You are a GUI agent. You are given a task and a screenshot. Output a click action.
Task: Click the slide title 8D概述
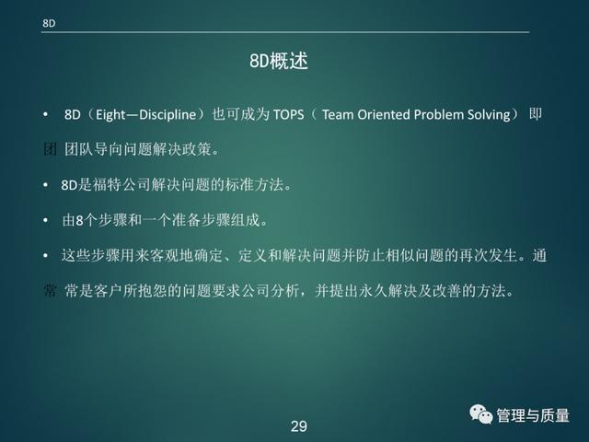click(x=279, y=61)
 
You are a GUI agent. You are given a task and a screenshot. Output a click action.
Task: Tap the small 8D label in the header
click(x=49, y=23)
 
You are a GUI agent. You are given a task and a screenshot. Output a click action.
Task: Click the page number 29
click(x=298, y=426)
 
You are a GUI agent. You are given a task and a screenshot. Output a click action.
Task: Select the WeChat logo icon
click(x=480, y=414)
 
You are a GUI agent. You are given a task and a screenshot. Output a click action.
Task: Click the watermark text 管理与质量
click(x=533, y=415)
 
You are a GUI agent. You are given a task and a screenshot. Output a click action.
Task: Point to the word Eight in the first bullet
click(x=110, y=114)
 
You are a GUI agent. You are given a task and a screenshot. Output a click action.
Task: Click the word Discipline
click(x=167, y=114)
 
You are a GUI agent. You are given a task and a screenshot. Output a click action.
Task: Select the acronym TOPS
click(x=288, y=114)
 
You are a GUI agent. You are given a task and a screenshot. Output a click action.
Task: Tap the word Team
click(x=338, y=114)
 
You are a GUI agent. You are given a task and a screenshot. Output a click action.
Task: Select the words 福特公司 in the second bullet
click(x=121, y=184)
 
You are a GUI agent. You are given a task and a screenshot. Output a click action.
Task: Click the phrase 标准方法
click(x=254, y=184)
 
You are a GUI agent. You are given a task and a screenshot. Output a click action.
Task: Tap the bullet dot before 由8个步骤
click(x=45, y=220)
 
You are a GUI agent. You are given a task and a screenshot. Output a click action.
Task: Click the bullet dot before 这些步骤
click(x=45, y=256)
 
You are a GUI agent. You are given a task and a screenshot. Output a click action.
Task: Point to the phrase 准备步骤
click(x=201, y=220)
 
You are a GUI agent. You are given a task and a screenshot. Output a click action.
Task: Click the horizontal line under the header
click(x=285, y=32)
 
